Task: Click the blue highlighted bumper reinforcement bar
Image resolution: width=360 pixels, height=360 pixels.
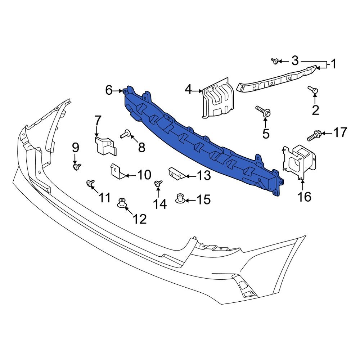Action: (202, 144)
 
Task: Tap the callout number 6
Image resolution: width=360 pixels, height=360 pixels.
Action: (109, 90)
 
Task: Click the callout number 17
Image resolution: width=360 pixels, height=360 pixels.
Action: (340, 133)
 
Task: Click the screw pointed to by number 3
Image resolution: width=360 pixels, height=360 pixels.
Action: (275, 62)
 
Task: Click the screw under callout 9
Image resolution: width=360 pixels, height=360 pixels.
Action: (77, 167)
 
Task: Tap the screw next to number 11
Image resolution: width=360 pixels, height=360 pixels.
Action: (90, 184)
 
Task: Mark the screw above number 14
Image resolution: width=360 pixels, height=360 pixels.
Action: (158, 184)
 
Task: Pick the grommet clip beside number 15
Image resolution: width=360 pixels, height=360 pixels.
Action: (180, 198)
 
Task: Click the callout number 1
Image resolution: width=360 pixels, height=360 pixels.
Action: (333, 64)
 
